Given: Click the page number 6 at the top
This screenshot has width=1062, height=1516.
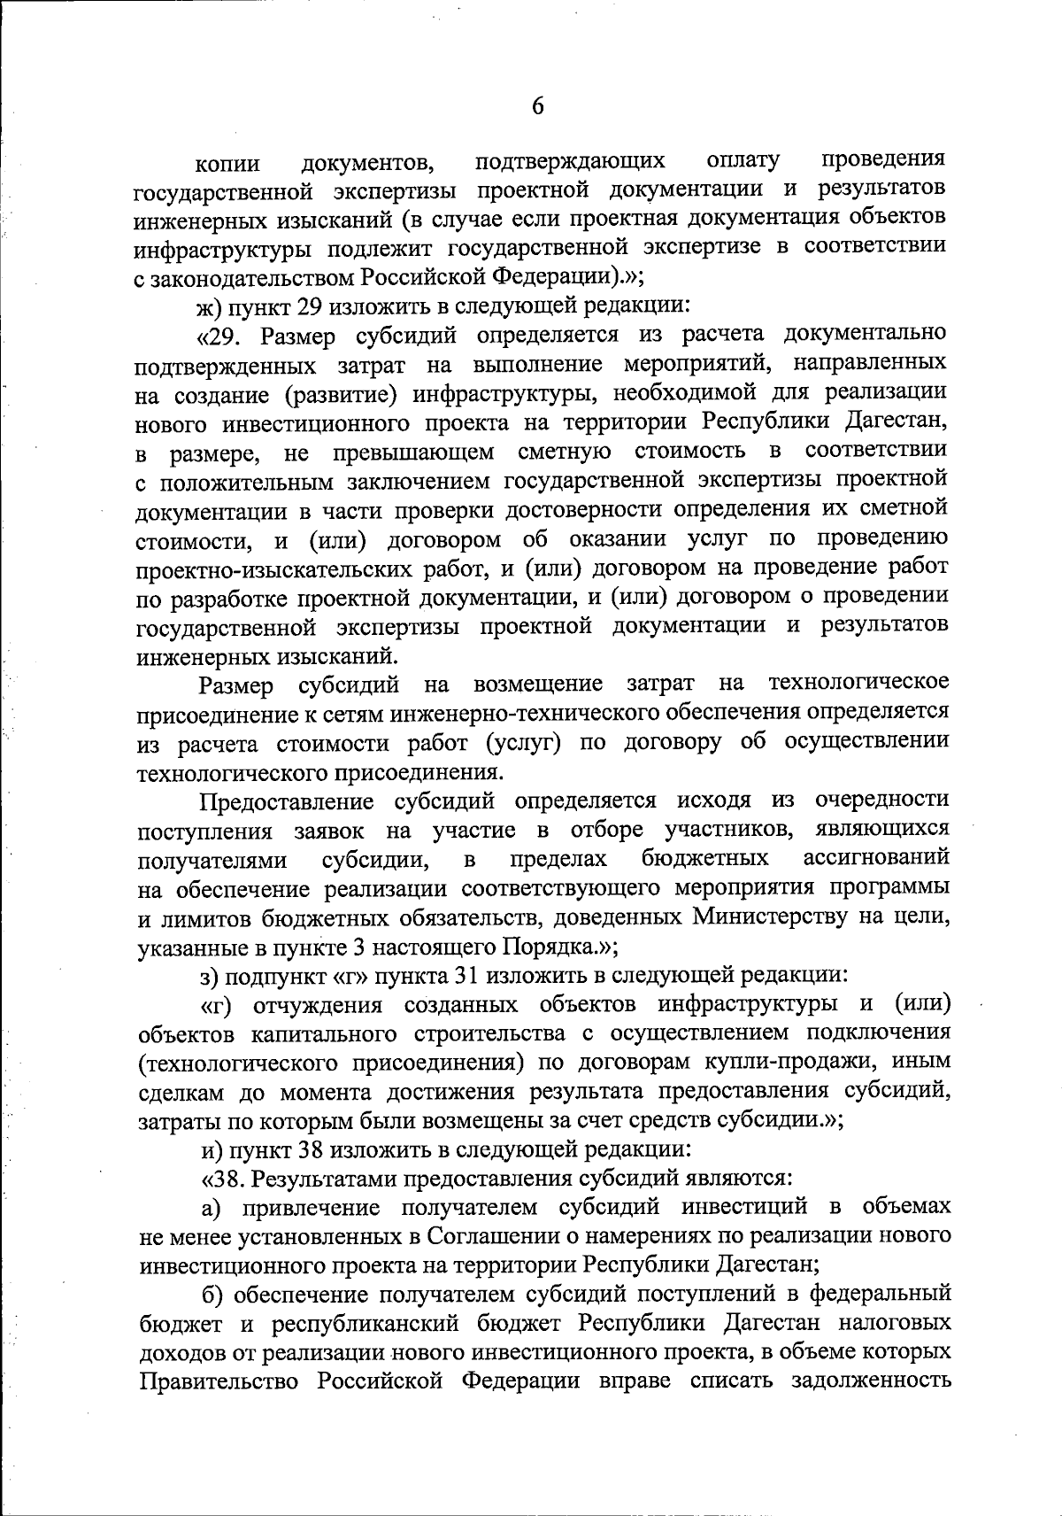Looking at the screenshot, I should (537, 106).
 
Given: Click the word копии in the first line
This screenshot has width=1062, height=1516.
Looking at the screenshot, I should (228, 165).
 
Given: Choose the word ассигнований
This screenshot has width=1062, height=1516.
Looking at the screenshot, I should (876, 858).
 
